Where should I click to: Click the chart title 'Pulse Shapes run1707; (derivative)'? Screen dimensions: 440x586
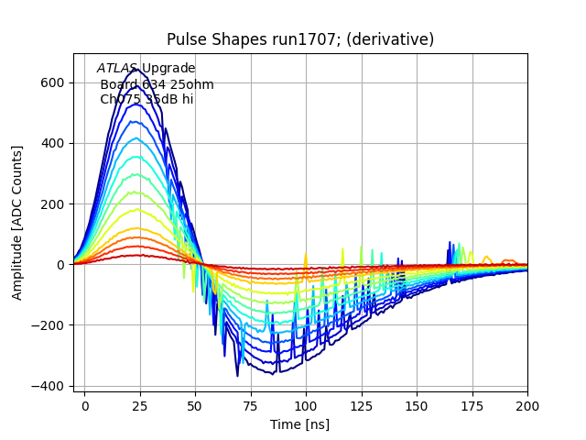[x=300, y=39]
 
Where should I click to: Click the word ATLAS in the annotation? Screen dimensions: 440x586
[x=117, y=69]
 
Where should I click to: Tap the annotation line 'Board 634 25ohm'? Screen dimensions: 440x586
[x=157, y=84]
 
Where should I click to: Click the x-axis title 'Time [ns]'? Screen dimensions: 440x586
[x=299, y=424]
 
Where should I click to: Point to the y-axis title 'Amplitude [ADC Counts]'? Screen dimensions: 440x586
[x=17, y=223]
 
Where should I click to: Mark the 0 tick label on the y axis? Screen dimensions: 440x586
[x=59, y=265]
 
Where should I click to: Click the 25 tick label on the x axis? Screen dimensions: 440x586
[x=140, y=404]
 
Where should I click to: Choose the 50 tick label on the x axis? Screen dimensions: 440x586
[x=195, y=404]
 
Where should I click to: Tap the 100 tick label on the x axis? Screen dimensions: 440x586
[x=306, y=404]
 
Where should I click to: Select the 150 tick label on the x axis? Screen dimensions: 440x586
[x=417, y=404]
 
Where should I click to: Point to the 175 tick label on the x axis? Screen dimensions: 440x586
[x=472, y=404]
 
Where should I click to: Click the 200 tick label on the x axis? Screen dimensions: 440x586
[x=526, y=404]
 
